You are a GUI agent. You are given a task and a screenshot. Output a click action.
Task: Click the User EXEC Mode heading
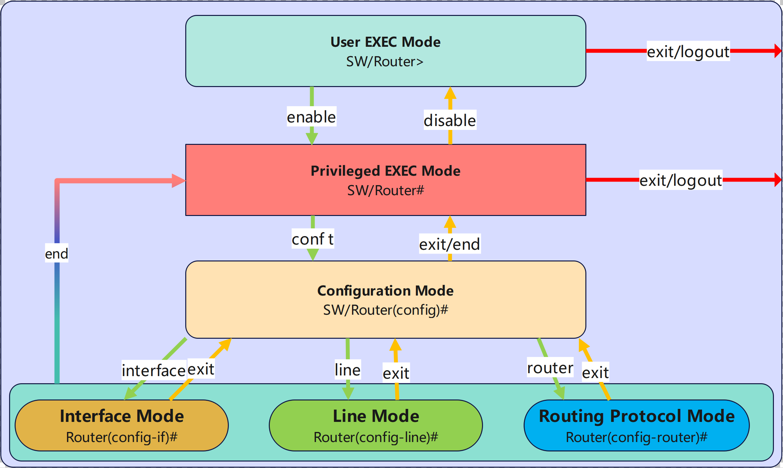(x=385, y=42)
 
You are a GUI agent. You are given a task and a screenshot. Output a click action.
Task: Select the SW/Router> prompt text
(x=385, y=62)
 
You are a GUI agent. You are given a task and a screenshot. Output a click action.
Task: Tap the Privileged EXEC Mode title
(x=385, y=171)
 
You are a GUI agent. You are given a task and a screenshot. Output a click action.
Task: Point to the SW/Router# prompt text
(x=385, y=190)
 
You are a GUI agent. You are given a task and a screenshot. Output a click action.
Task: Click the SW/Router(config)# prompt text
(x=385, y=310)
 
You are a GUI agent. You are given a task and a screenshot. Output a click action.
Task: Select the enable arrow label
(x=311, y=117)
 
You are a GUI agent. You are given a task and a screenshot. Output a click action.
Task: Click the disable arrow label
(x=450, y=120)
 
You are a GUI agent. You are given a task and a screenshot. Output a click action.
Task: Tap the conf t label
(x=313, y=239)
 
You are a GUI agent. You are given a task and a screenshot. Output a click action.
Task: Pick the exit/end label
(x=450, y=244)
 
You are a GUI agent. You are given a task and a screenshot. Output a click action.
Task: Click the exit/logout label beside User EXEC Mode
(x=688, y=52)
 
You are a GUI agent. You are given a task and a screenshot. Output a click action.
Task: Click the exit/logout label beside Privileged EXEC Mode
(x=681, y=180)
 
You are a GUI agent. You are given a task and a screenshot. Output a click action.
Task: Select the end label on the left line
(x=57, y=254)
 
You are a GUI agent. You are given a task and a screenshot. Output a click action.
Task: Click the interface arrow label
(x=153, y=370)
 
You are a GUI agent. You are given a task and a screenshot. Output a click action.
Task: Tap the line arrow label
(x=347, y=370)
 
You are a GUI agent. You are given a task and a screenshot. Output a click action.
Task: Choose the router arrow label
(x=550, y=368)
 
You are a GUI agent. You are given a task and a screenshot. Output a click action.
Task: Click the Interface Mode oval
(x=122, y=425)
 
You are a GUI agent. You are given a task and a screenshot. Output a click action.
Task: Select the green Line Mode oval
(x=376, y=425)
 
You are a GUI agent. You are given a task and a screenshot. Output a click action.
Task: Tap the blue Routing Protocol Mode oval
(x=636, y=425)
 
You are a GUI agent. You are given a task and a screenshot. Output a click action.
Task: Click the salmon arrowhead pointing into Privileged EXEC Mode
(x=178, y=181)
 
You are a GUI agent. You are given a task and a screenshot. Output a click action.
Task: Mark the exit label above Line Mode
(x=396, y=373)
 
